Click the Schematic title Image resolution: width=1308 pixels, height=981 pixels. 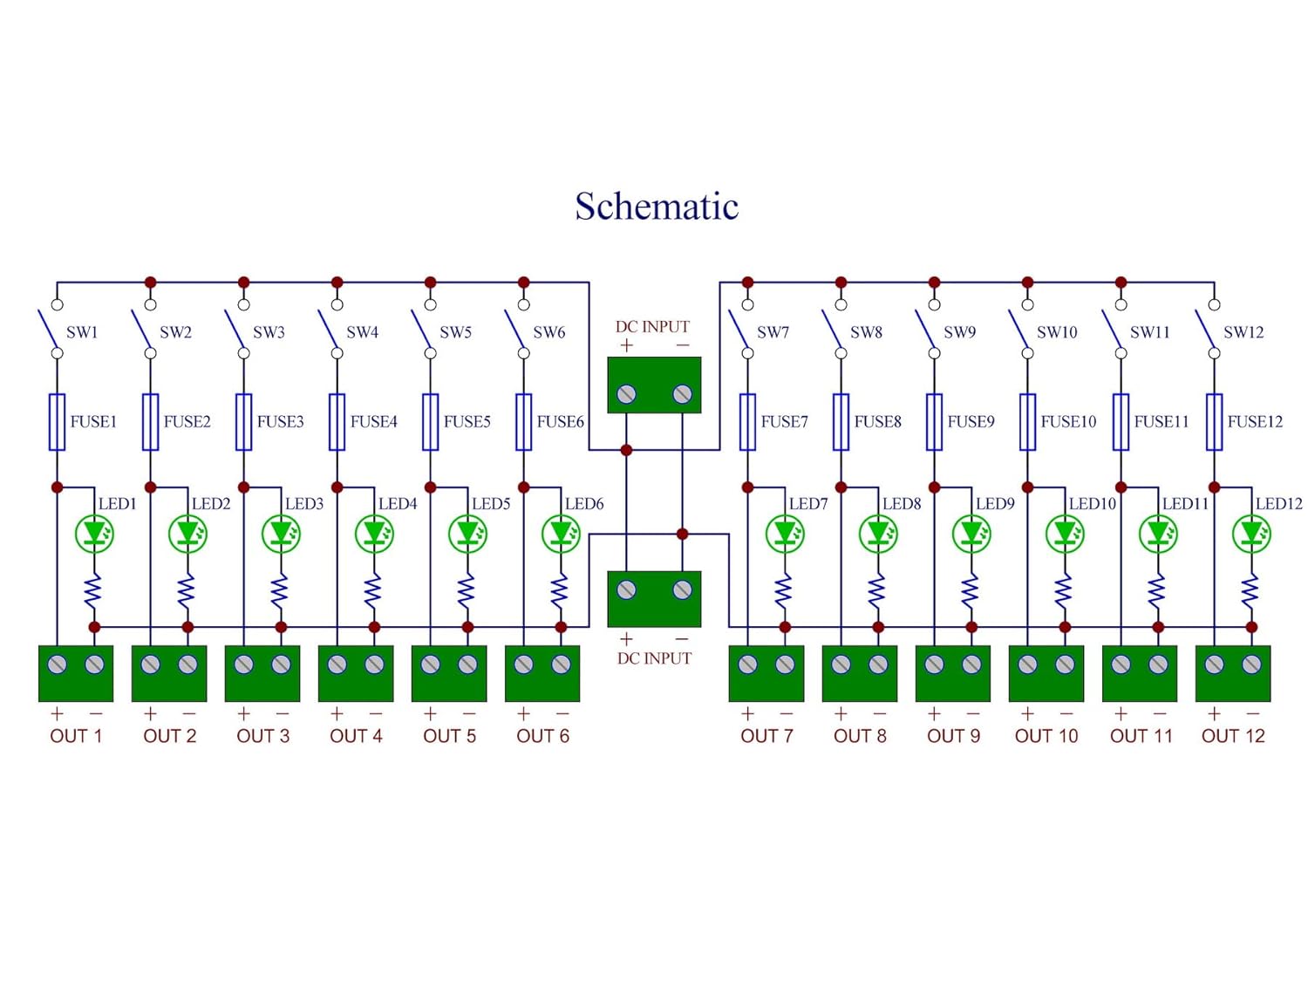(657, 207)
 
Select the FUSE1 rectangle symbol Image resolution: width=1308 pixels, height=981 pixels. (58, 422)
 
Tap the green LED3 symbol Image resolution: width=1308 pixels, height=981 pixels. (281, 534)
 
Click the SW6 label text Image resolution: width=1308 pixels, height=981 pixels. (548, 332)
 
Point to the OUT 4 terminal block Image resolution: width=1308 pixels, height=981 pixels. (356, 673)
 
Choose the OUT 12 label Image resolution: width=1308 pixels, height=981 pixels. (1232, 736)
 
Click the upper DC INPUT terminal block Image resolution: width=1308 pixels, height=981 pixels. (654, 385)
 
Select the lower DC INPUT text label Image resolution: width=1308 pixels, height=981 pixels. (654, 658)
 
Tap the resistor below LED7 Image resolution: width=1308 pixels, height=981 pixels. (784, 591)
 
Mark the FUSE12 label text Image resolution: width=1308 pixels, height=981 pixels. (1255, 422)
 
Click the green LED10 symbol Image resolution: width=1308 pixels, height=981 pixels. (1065, 534)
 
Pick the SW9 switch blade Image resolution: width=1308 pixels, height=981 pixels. (925, 330)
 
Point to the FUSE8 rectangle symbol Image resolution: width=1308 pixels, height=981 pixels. (841, 422)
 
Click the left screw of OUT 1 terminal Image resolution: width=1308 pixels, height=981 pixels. (58, 664)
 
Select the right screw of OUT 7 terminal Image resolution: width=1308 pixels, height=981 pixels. (785, 664)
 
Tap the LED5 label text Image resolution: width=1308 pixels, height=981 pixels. (491, 504)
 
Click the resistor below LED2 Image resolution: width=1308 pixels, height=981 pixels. (187, 591)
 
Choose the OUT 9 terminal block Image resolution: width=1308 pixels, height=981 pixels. (952, 673)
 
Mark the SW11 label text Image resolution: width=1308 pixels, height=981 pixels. (1149, 332)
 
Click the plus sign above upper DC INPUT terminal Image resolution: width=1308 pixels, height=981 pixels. (626, 346)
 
